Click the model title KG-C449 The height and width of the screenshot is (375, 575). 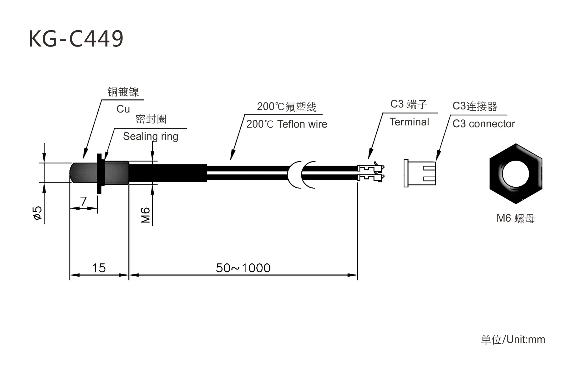point(76,39)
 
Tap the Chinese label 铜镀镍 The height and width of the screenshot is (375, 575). point(123,92)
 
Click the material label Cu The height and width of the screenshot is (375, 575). point(123,109)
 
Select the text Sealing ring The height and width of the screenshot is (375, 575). point(151,136)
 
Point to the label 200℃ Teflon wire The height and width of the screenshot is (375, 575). point(287,124)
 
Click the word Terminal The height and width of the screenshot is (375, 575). point(409,122)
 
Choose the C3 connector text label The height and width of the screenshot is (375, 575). point(484,124)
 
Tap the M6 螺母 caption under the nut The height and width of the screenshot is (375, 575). point(515,218)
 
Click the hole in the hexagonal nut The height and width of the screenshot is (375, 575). point(515,174)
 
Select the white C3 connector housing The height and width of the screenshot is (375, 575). point(419,173)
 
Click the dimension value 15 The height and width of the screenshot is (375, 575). point(99,268)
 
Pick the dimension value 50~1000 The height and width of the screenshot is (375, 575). point(243,268)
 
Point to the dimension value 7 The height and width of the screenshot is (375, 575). point(83,201)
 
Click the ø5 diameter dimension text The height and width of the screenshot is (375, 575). point(37,213)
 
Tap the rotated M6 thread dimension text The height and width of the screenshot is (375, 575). point(145,215)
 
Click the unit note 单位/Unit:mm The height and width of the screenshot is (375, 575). point(513,339)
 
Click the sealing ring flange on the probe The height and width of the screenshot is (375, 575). point(99,173)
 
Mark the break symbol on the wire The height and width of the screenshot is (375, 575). point(301,175)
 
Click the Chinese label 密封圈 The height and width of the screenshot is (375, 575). point(151,119)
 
